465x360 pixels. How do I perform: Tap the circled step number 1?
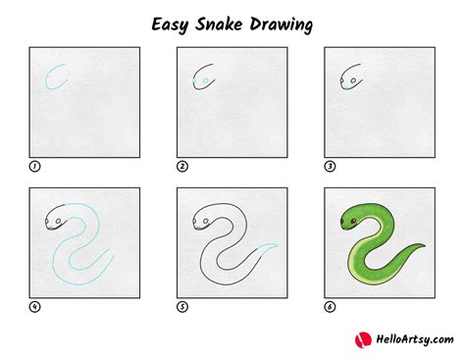(35, 166)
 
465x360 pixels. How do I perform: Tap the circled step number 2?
(182, 166)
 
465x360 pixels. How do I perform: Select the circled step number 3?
(330, 166)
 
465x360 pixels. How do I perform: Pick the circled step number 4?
(35, 306)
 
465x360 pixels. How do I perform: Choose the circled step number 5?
(182, 306)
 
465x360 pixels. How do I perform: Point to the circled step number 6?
(330, 306)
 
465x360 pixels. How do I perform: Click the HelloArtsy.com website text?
(410, 339)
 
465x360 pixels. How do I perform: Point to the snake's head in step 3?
(351, 78)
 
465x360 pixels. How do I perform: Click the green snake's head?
(349, 219)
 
